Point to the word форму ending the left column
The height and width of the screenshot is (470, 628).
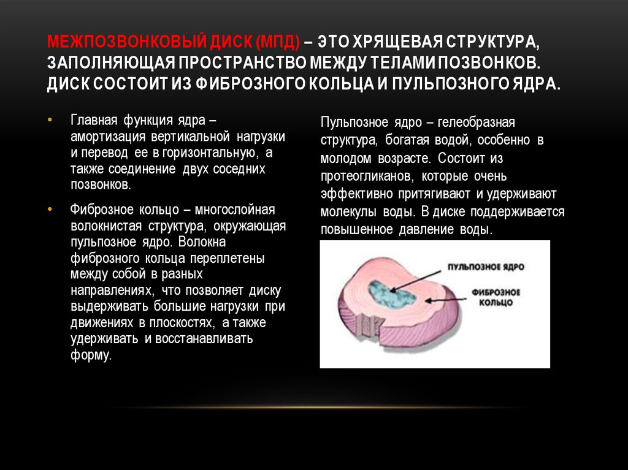(91, 355)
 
